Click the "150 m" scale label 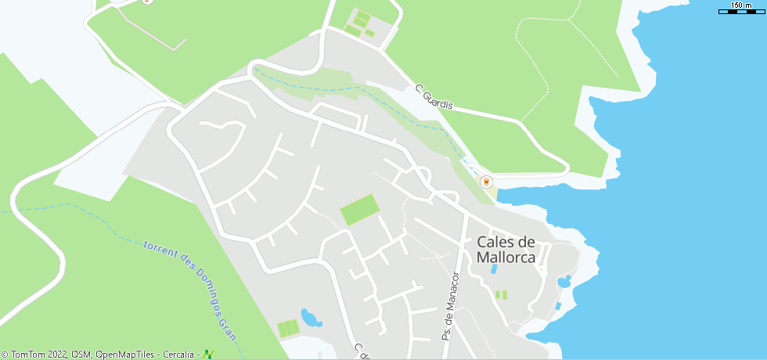[x=740, y=5]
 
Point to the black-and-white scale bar [x=740, y=12]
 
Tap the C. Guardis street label [x=434, y=96]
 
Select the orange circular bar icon [x=487, y=182]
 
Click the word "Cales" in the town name [x=506, y=242]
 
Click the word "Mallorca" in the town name [x=506, y=257]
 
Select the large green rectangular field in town [x=359, y=210]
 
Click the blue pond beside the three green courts [x=311, y=318]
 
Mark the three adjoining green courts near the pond [x=288, y=327]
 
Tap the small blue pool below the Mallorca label [x=494, y=268]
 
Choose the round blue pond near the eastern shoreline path [x=563, y=282]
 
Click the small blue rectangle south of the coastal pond [x=558, y=306]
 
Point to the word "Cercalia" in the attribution [x=179, y=355]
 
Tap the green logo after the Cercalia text [x=208, y=355]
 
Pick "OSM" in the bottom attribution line [x=82, y=355]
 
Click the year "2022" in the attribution [x=56, y=355]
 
